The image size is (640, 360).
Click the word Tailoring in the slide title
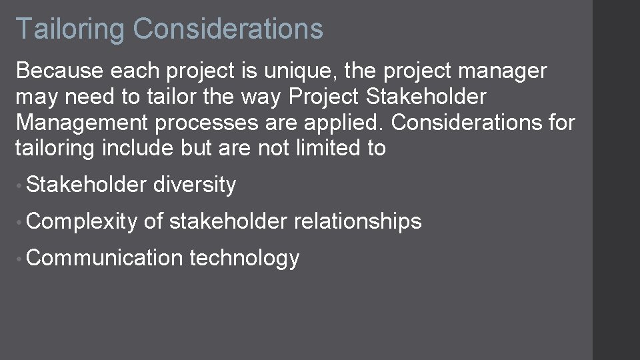click(x=69, y=29)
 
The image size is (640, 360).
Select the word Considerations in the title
click(x=228, y=29)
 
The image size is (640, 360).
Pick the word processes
click(x=203, y=123)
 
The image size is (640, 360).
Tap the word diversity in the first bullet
click(x=194, y=185)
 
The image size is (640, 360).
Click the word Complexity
click(x=82, y=221)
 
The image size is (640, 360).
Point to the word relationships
click(x=357, y=221)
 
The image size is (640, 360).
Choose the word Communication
click(x=105, y=258)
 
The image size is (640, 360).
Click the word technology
click(x=244, y=258)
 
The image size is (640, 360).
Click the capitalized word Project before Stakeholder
click(x=324, y=97)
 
